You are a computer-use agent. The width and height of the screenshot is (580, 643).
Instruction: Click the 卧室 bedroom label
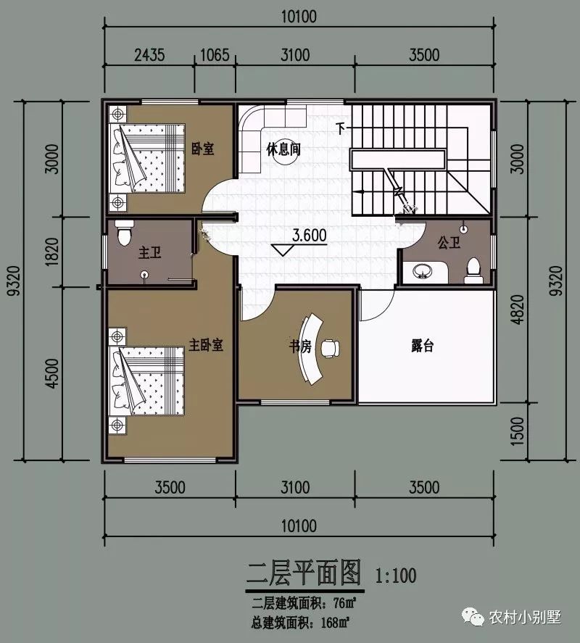202,149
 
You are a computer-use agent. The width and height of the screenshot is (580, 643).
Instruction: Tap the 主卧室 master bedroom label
206,344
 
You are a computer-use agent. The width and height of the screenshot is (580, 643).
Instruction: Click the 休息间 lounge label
283,149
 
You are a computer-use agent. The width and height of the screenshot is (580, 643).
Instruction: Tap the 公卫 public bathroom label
449,243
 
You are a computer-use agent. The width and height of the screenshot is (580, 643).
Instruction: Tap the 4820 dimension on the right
516,312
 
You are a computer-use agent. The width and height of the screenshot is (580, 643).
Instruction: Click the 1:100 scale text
395,576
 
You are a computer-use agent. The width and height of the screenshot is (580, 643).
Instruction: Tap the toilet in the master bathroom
125,233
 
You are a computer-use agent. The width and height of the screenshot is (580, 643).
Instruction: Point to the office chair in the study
329,347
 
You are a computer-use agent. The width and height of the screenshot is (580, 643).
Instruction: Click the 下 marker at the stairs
341,128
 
